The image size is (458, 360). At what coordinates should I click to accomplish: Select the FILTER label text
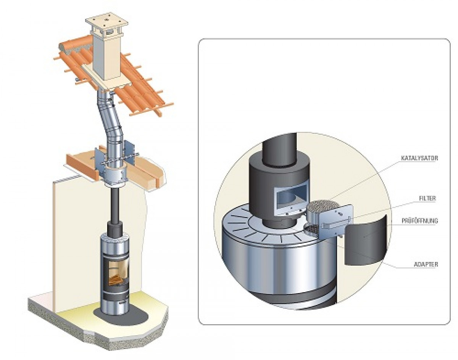coord(428,198)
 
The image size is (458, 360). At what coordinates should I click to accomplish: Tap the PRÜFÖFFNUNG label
coord(420,221)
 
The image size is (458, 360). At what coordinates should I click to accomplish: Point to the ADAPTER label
coord(426,265)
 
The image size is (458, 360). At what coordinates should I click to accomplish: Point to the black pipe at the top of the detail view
coord(279,149)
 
